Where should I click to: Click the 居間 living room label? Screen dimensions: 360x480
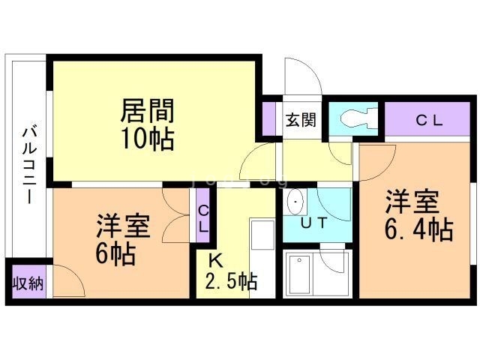tap(148, 111)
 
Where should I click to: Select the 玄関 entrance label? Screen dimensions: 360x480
tap(300, 119)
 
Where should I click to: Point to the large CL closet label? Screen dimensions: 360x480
tap(430, 120)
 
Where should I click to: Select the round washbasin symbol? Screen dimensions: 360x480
tap(296, 202)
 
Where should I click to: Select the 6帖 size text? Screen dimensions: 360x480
tap(115, 253)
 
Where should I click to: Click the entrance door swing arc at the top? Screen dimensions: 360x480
tap(303, 75)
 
